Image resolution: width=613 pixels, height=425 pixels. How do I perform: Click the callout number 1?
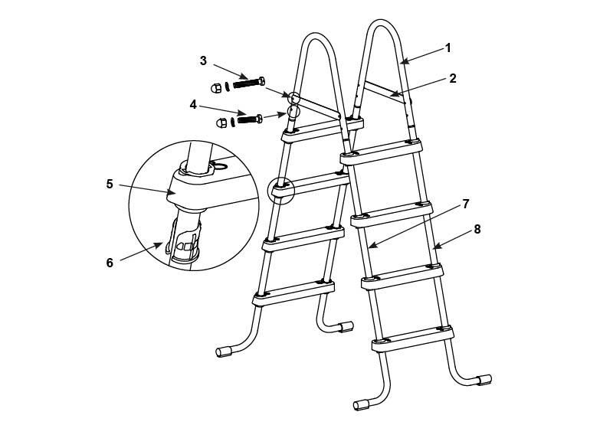coord(448,48)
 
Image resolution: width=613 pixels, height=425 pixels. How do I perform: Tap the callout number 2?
coord(452,79)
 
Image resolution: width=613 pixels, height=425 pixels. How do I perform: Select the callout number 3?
coord(203,61)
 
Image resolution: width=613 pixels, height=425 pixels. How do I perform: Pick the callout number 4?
coord(193,105)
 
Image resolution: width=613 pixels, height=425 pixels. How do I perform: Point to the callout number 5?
coord(110,184)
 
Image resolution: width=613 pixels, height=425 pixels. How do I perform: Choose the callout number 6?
coord(110,263)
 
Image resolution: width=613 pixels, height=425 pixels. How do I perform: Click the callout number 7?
coord(466,204)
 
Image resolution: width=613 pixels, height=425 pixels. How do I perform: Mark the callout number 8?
coord(477,229)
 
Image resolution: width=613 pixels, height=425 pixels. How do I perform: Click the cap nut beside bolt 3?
coord(216,88)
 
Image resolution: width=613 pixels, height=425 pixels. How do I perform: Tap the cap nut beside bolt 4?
coord(221,123)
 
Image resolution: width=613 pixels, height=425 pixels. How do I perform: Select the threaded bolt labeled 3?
coord(249,83)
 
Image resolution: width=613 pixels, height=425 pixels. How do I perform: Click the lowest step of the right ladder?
coord(413,339)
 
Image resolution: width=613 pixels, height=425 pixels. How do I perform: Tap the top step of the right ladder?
coord(381,152)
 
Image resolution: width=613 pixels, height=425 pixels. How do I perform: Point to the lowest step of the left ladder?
coord(293,293)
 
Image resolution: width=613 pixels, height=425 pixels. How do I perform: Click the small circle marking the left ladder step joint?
coord(280,191)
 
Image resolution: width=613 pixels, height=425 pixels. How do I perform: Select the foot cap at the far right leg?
coord(485,380)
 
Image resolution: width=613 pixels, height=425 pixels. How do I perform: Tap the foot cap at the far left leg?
coord(223,351)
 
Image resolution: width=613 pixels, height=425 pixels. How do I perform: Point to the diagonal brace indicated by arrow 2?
coord(385,92)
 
